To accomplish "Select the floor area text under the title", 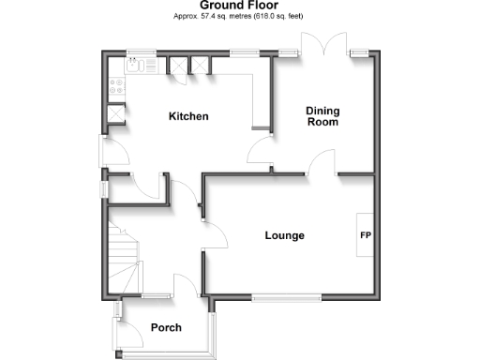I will click(239, 17).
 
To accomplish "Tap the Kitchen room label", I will click(187, 117).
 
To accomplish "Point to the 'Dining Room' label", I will click(322, 116).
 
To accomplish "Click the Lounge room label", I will click(284, 235).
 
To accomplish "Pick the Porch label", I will click(166, 328).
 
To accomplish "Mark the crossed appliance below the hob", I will click(115, 112).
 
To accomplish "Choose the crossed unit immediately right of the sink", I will click(174, 66).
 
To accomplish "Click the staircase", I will click(125, 258).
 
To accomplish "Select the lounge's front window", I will click(288, 298).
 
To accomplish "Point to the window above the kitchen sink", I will click(142, 52).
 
